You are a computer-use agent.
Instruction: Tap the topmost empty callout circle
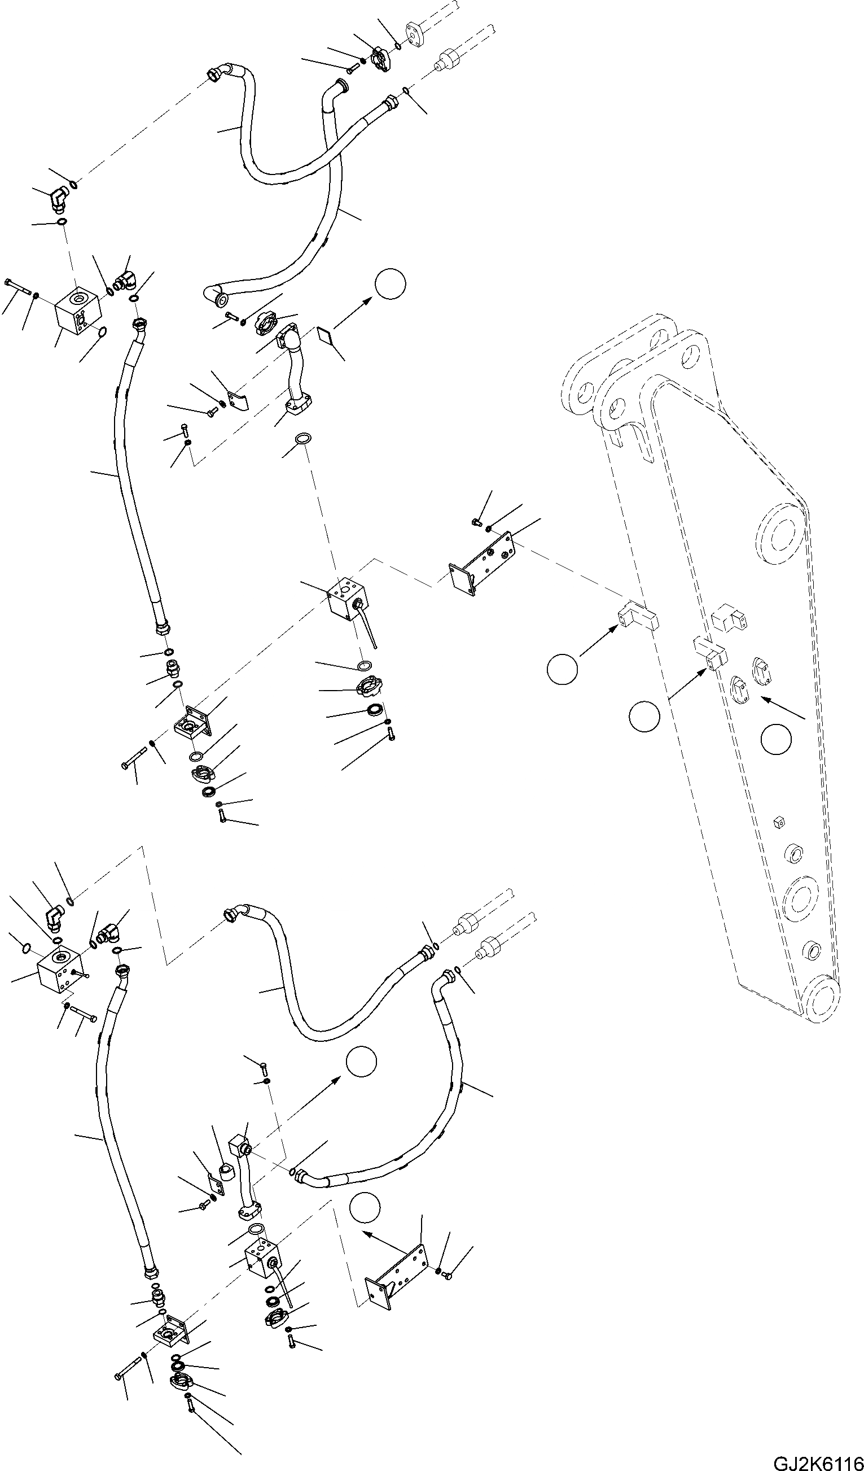(x=390, y=283)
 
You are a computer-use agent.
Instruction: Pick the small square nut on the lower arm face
(x=777, y=823)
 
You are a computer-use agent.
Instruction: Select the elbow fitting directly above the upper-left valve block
(x=58, y=198)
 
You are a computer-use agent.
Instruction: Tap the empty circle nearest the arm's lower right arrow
(x=776, y=739)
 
